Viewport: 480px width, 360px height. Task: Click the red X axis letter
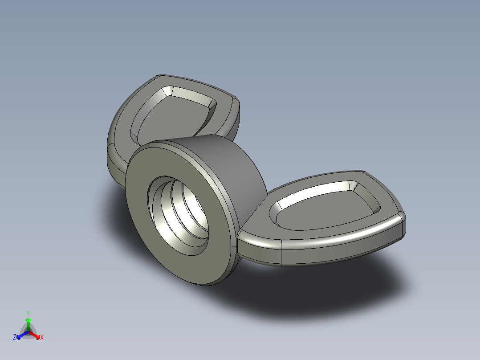[x=42, y=338]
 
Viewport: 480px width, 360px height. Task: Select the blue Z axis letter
[x=15, y=337]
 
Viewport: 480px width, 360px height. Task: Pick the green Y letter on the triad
[x=28, y=313]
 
